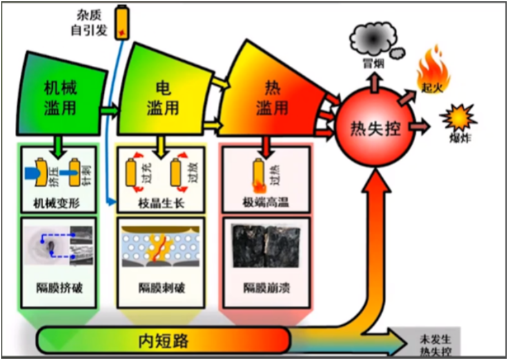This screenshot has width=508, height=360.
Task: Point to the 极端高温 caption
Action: click(x=266, y=203)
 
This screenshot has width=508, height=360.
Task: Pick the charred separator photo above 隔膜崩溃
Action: click(x=266, y=246)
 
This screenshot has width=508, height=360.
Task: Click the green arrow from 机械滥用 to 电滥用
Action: click(x=110, y=109)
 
